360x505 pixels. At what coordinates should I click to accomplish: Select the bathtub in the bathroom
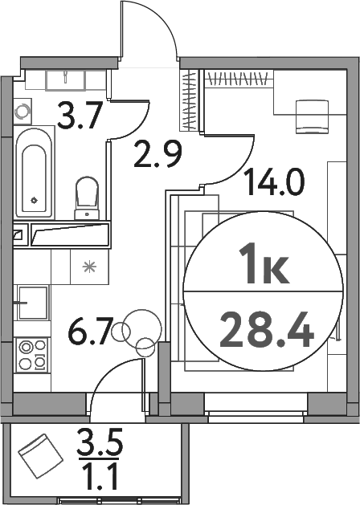(35, 172)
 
